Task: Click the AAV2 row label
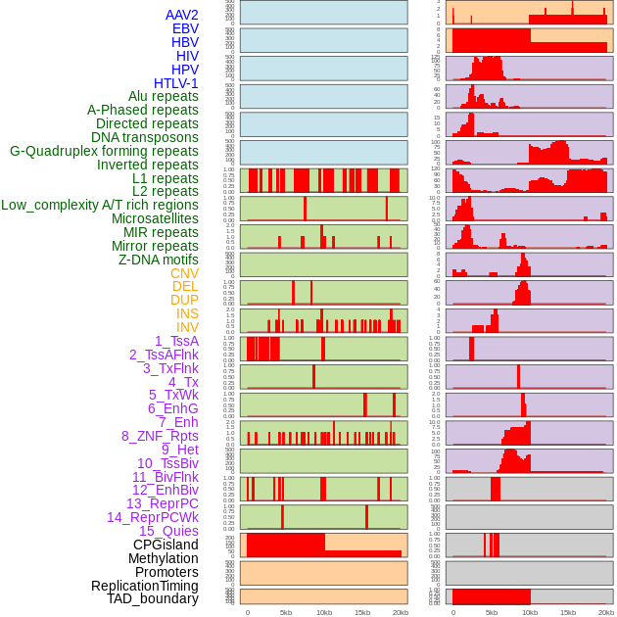[x=181, y=15]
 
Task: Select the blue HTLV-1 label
[x=175, y=83]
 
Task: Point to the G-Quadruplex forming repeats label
[x=104, y=151]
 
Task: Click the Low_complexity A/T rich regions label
[x=100, y=205]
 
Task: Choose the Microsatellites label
[x=155, y=218]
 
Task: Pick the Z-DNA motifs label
[x=159, y=260]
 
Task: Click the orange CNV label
[x=184, y=273]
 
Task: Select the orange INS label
[x=187, y=313]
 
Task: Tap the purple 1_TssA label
[x=176, y=341]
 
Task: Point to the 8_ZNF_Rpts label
[x=160, y=436]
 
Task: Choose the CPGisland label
[x=166, y=545]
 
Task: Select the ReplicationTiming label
[x=144, y=586]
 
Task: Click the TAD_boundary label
[x=153, y=598]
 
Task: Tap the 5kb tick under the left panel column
[x=286, y=612]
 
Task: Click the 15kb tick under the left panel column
[x=362, y=612]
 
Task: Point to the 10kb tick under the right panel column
[x=530, y=612]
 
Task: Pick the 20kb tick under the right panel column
[x=606, y=612]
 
